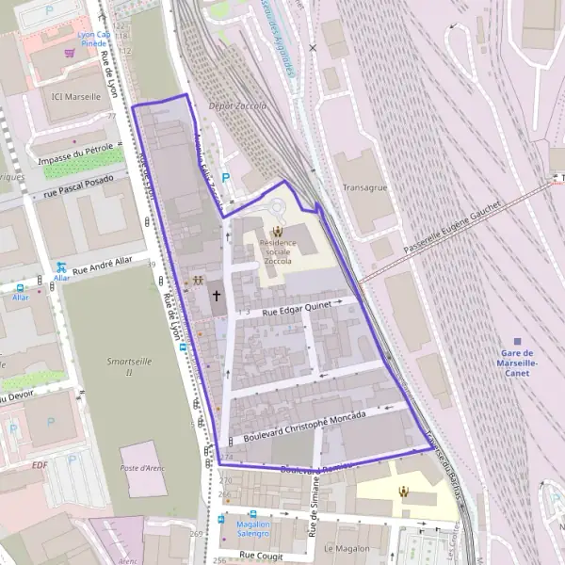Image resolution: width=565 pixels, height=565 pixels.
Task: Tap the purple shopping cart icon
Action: coord(70,54)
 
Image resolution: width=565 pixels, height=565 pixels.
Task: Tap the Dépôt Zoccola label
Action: coord(237,106)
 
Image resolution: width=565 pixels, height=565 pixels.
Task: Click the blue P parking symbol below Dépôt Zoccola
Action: coord(224,177)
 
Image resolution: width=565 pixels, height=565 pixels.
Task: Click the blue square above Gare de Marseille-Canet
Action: coord(517,341)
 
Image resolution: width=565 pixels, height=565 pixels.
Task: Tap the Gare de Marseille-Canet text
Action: coord(517,363)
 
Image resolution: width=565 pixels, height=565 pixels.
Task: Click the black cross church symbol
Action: coord(217,296)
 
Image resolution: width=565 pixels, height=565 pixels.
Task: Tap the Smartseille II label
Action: coord(133,365)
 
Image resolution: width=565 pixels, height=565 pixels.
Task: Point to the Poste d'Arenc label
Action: coord(142,469)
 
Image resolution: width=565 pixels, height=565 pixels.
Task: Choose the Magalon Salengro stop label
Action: coord(253,528)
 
